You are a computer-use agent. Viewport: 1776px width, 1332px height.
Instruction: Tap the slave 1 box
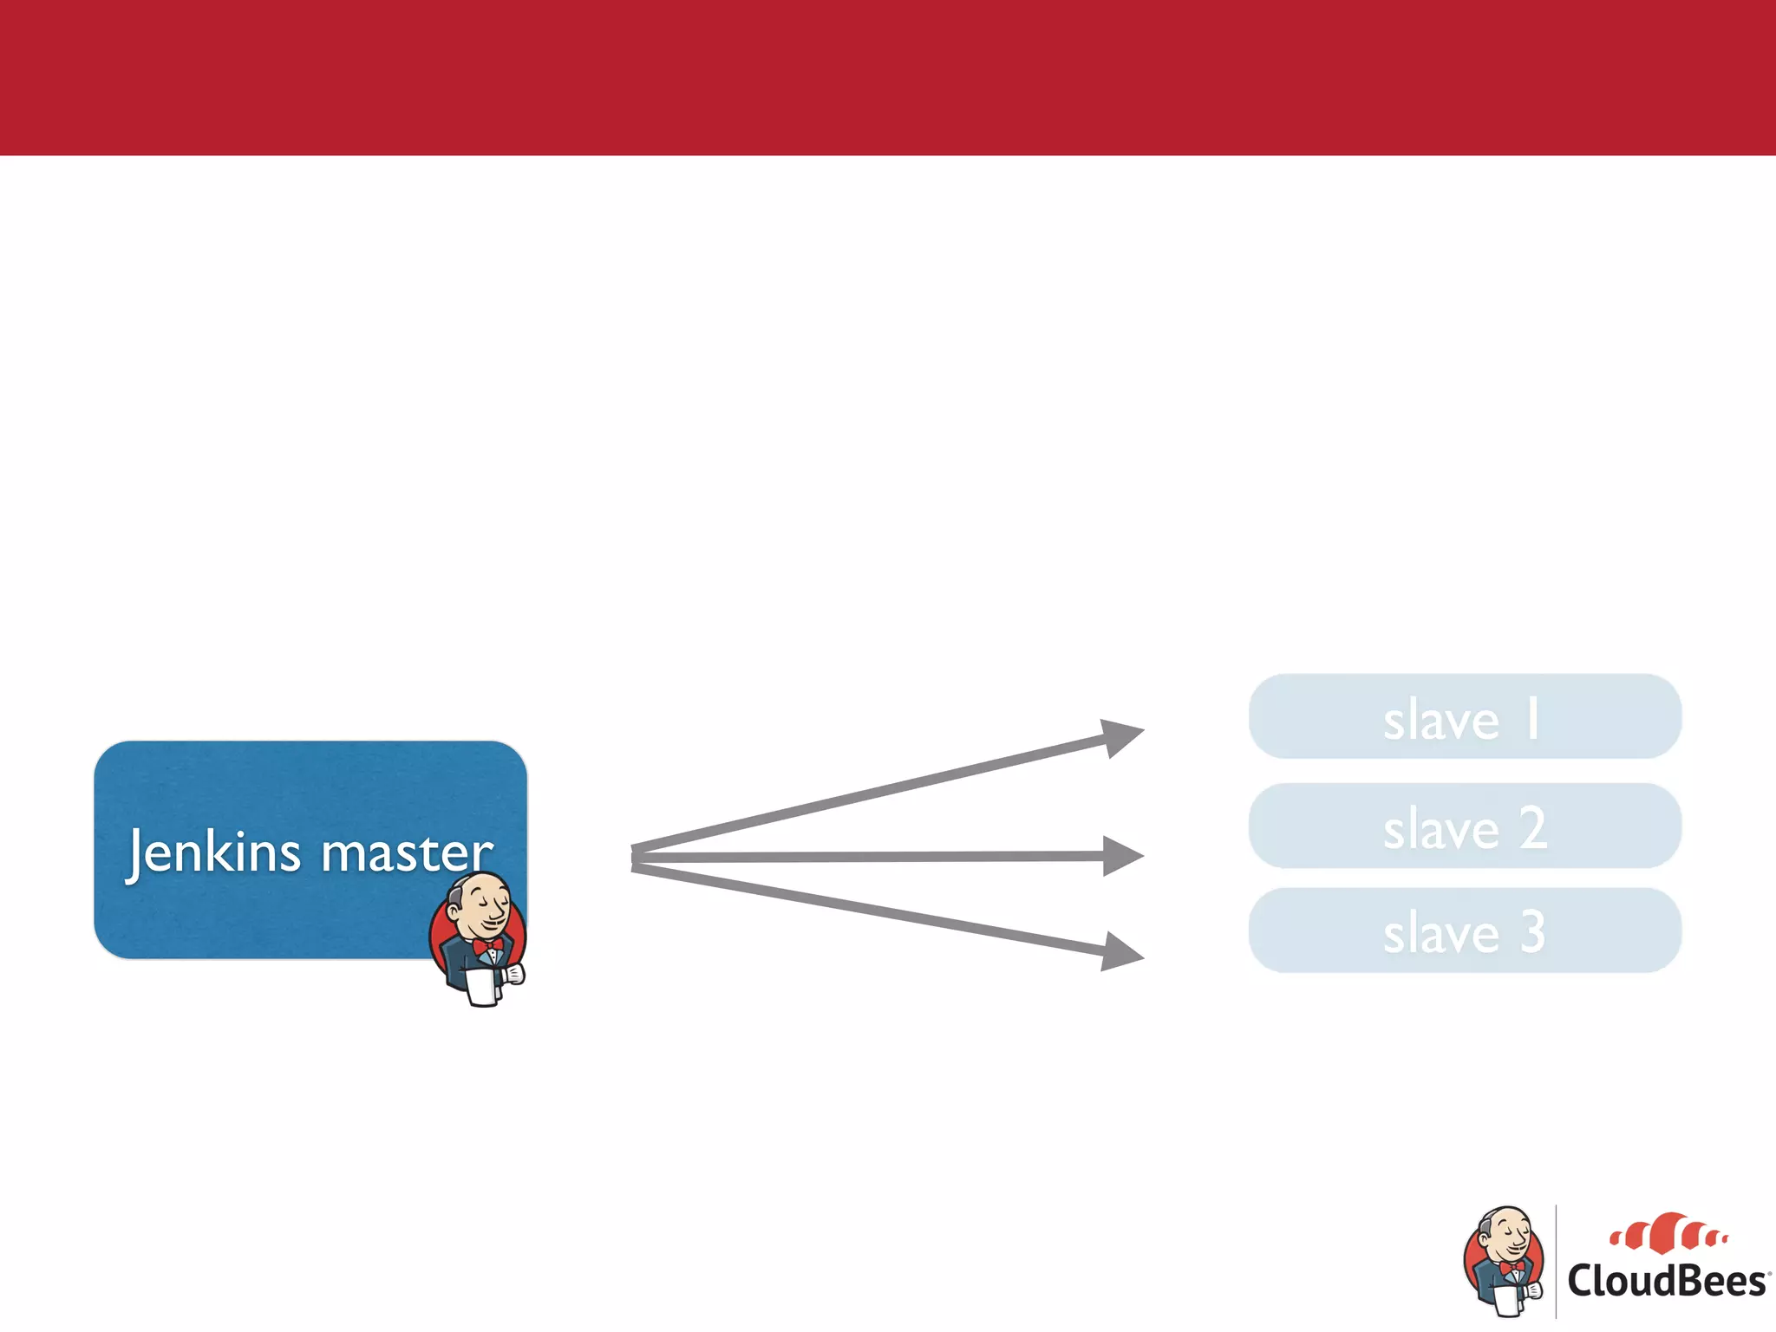pos(1465,717)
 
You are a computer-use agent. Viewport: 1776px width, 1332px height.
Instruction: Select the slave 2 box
pos(1465,826)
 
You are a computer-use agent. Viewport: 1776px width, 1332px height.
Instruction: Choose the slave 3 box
pos(1465,930)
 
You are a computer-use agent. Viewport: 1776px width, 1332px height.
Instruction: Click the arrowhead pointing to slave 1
pos(1121,736)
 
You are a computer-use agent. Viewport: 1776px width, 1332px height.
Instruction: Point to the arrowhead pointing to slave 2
pos(1122,856)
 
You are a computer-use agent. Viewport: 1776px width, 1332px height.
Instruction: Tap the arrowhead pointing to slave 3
pos(1121,952)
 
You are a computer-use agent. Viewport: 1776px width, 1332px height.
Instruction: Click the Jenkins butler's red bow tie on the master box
pos(487,946)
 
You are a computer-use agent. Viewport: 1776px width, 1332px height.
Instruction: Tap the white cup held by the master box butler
pos(481,987)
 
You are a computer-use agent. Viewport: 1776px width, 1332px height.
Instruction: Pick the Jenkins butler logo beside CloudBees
pos(1505,1260)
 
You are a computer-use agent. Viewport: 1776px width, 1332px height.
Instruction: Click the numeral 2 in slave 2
pos(1532,827)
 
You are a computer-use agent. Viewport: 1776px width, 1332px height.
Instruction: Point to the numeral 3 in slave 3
pos(1532,932)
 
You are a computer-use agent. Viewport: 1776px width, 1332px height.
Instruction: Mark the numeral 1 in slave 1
pos(1532,719)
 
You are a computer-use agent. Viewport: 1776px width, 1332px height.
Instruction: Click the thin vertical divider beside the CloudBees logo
pos(1556,1262)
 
